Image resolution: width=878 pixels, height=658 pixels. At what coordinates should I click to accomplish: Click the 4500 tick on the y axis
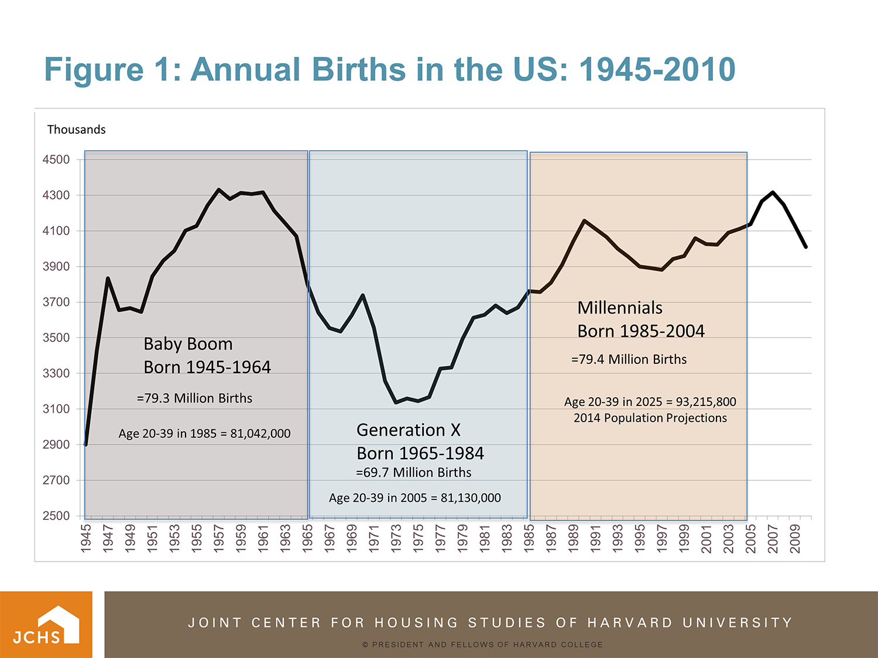click(x=56, y=160)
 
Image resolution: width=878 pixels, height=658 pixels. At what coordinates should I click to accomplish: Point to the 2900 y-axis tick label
click(x=56, y=445)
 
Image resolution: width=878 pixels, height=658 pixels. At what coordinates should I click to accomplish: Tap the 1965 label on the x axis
click(x=307, y=538)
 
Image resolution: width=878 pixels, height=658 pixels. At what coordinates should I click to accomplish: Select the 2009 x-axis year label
click(x=795, y=538)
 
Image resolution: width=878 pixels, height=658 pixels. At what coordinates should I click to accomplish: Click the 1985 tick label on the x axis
click(x=529, y=538)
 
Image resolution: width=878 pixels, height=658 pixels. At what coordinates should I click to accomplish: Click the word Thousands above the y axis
click(x=76, y=129)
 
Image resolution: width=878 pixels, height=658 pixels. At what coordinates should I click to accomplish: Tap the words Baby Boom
click(x=188, y=344)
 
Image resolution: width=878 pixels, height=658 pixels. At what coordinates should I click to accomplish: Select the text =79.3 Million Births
click(x=194, y=398)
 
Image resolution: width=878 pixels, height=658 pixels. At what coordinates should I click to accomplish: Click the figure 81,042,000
click(x=260, y=433)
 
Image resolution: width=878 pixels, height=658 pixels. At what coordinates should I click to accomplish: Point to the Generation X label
click(x=408, y=430)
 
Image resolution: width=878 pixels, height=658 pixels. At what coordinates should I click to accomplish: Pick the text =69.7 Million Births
click(x=413, y=473)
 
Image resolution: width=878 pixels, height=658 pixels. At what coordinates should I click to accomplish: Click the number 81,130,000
click(x=471, y=498)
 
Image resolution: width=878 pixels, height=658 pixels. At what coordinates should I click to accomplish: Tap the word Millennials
click(x=620, y=308)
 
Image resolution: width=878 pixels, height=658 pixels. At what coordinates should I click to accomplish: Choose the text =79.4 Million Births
click(x=629, y=359)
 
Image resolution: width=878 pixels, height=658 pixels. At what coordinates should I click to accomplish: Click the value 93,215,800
click(x=706, y=402)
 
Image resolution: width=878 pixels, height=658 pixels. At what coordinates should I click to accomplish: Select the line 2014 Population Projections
click(x=650, y=418)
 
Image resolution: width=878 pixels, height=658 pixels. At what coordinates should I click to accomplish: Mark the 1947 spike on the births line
click(x=108, y=278)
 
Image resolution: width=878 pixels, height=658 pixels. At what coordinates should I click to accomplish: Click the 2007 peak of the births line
click(x=773, y=192)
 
